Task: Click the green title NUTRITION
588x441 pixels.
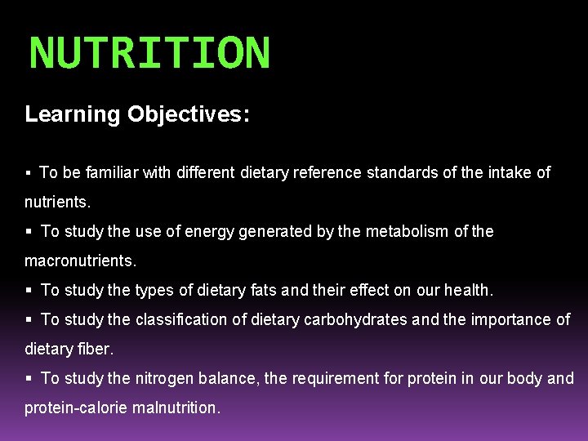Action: coord(149,53)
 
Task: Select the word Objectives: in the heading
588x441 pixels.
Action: coord(189,114)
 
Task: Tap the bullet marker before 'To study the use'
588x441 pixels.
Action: coord(29,232)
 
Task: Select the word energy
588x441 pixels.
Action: coord(207,231)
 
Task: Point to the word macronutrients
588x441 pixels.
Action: coord(80,261)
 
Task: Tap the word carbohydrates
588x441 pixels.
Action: coord(356,319)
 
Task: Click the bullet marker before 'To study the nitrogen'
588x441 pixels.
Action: coord(29,379)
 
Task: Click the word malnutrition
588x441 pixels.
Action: coord(178,408)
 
